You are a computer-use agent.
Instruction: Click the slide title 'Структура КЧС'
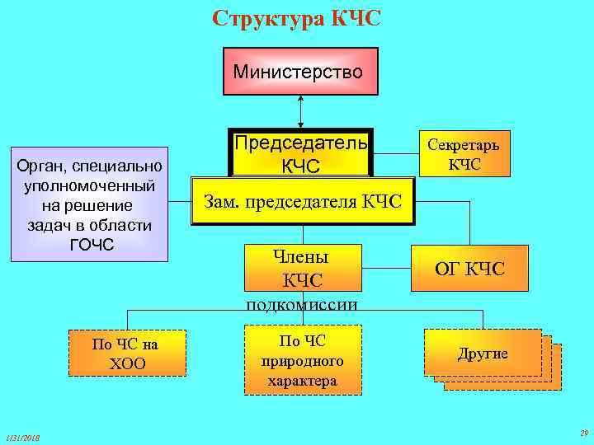pos(296,18)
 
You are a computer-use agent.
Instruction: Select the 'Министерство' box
pos(300,72)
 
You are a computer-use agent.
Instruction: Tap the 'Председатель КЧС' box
pos(301,153)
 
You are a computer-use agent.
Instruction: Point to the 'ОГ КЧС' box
pos(470,268)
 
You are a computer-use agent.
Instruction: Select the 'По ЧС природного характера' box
pos(302,361)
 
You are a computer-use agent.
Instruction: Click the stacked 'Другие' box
pos(483,354)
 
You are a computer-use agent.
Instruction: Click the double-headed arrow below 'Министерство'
pos(301,111)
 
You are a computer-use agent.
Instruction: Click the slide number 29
pos(583,433)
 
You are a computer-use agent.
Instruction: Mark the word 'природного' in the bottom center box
pos(302,361)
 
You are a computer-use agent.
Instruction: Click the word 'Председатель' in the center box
pos(301,143)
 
